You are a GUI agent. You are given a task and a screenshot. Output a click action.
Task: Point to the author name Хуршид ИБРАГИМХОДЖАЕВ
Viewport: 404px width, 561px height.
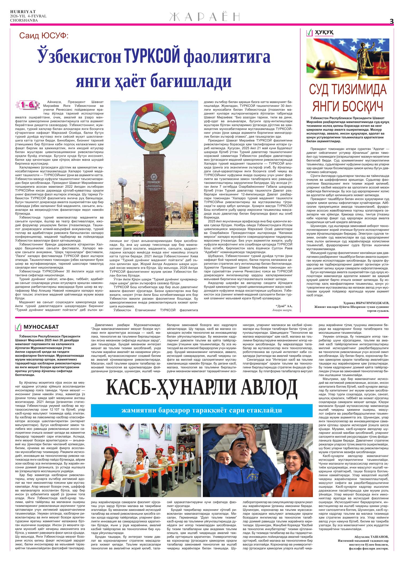point(366,303)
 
